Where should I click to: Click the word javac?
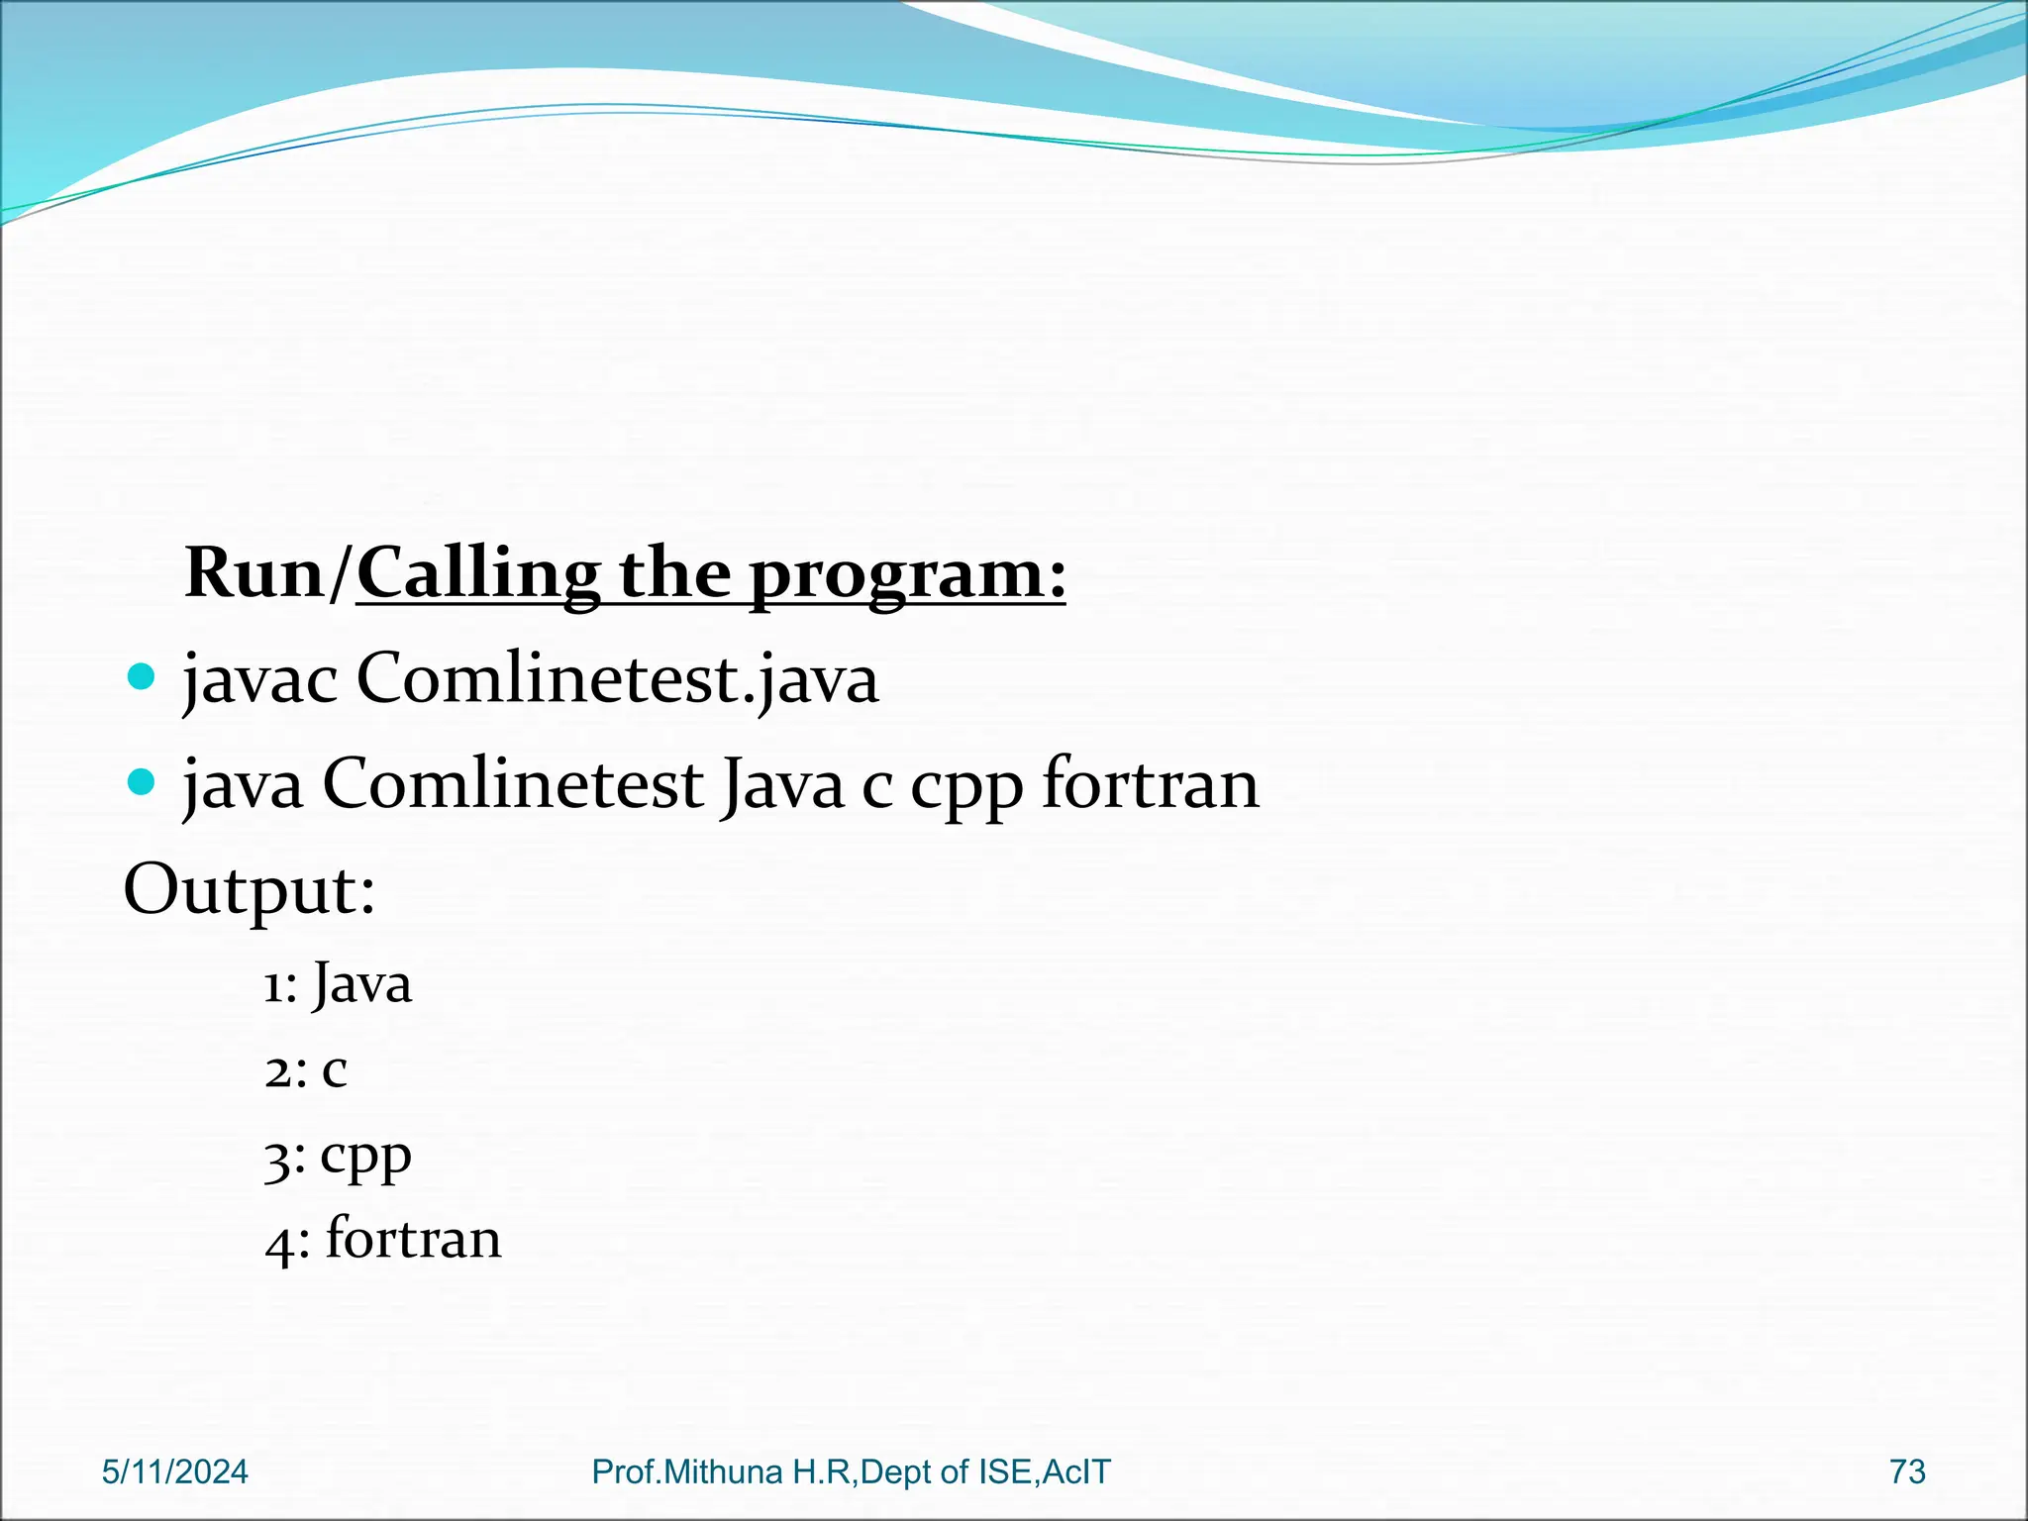point(260,681)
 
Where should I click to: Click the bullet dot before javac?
point(143,677)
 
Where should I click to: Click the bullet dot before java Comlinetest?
point(143,783)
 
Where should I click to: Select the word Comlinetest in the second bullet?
point(513,784)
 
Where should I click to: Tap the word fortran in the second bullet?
point(1151,784)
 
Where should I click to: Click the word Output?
point(250,890)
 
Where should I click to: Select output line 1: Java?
point(338,985)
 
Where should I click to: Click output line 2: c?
point(305,1070)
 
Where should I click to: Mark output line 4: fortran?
point(383,1240)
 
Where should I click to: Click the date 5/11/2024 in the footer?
point(175,1472)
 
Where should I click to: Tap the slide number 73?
point(1907,1472)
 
